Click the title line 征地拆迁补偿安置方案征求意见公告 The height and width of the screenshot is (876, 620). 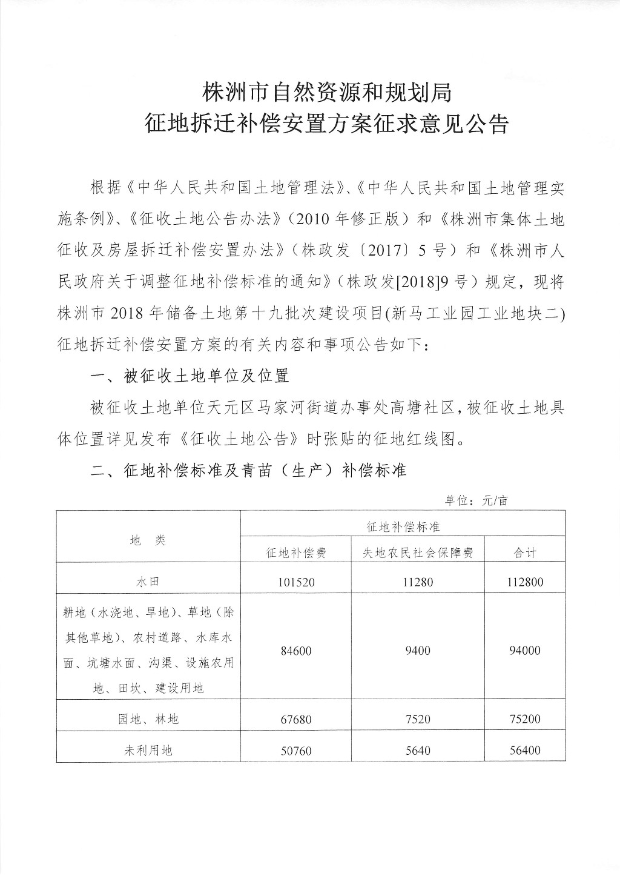tap(326, 124)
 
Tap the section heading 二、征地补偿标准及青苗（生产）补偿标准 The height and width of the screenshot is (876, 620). tap(248, 471)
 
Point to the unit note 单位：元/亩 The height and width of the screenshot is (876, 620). tap(477, 500)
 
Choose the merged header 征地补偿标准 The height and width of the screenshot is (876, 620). tap(403, 527)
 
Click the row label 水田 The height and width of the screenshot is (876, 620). tap(148, 582)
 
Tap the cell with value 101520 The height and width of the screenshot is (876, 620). tap(296, 582)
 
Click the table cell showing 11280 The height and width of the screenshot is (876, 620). tap(418, 582)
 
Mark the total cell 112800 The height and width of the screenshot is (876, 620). tap(525, 582)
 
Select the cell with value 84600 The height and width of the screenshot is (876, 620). tap(296, 651)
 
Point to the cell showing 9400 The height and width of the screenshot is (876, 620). tap(418, 651)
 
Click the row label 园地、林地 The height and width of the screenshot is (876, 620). tap(148, 719)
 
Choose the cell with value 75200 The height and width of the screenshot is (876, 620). tap(525, 719)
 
